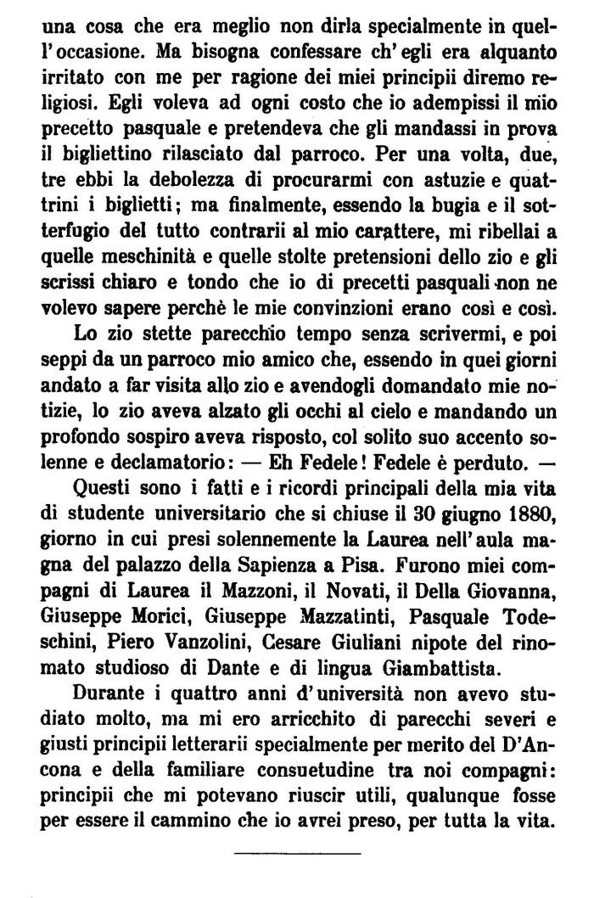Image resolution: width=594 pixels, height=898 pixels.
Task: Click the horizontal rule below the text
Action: point(297,851)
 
